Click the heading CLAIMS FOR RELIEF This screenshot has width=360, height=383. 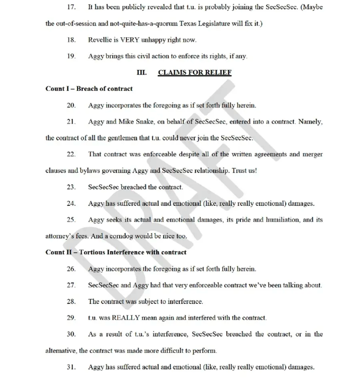click(195, 73)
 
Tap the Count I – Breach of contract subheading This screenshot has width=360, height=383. click(89, 89)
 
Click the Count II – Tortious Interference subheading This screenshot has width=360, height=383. click(116, 252)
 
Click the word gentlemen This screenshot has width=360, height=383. click(130, 138)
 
